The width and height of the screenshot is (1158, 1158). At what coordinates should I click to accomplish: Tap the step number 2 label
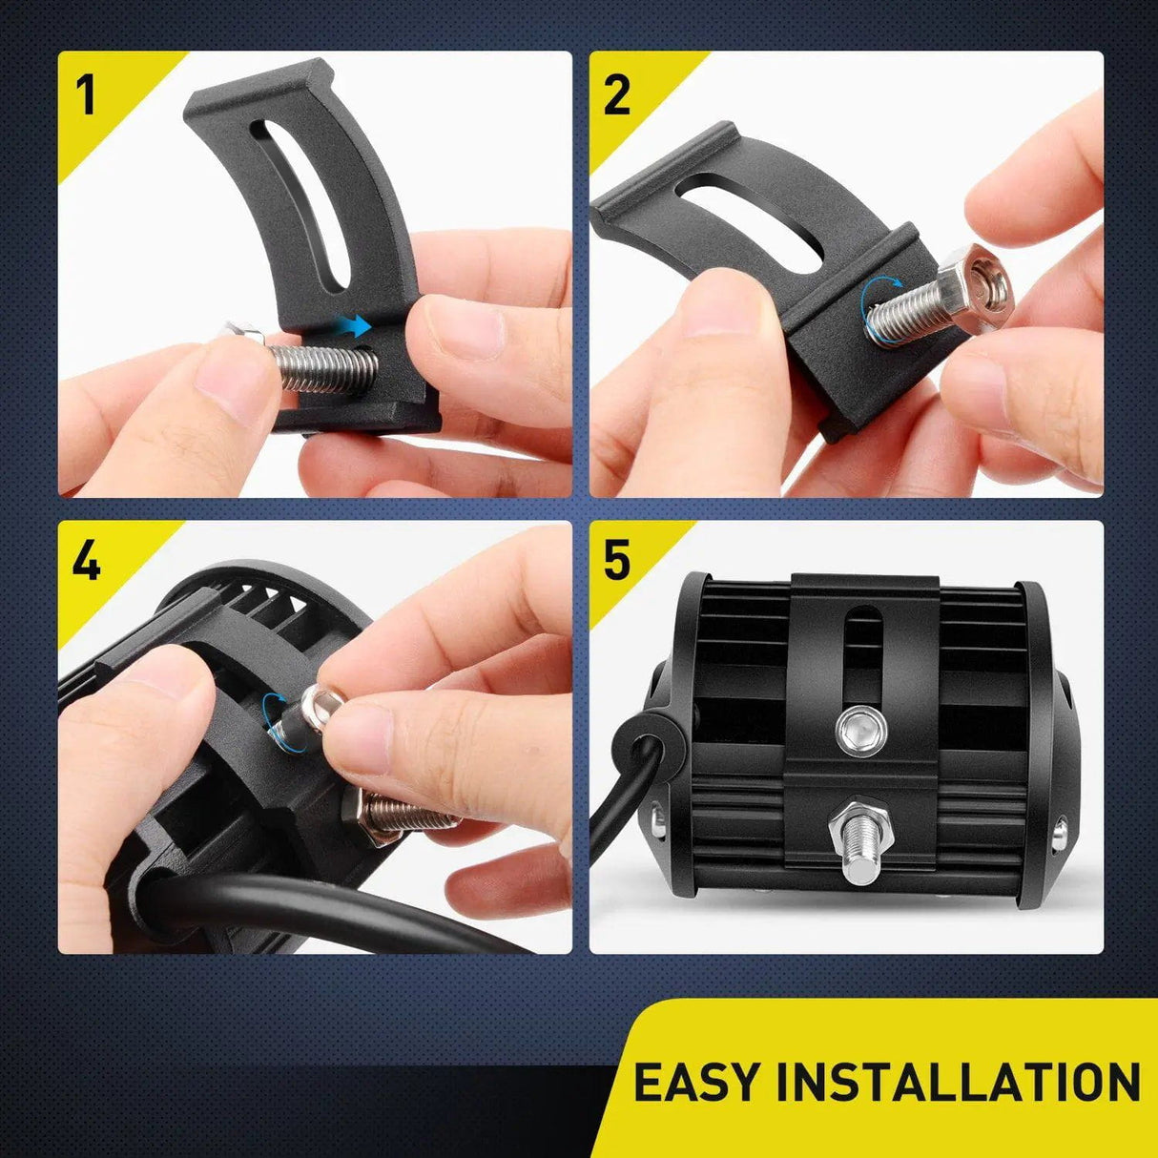point(617,95)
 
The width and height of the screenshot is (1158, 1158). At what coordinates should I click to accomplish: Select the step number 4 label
point(86,561)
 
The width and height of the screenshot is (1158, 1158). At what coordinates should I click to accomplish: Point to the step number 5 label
point(617,561)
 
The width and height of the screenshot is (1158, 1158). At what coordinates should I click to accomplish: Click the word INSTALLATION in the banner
point(958,1083)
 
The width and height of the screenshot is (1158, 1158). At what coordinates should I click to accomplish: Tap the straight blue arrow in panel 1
point(356,326)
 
